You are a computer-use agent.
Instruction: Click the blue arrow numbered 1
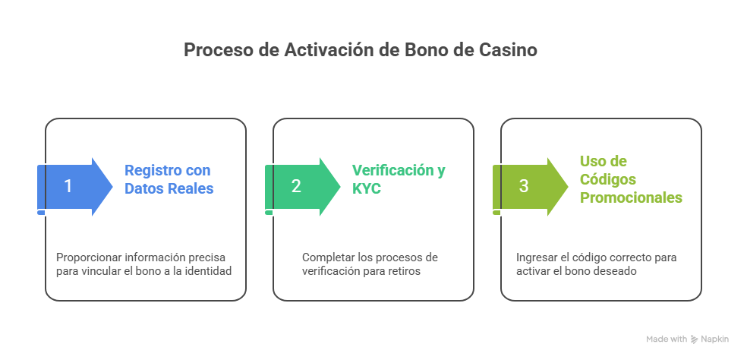click(72, 186)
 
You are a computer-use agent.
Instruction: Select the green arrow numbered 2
click(300, 186)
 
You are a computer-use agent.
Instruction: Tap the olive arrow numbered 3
click(528, 186)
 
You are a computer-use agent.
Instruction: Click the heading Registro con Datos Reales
click(169, 179)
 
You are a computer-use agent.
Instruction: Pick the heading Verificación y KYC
click(399, 179)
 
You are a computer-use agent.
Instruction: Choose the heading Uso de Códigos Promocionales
click(630, 179)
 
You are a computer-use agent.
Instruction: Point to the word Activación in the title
click(323, 50)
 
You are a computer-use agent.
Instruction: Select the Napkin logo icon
click(695, 339)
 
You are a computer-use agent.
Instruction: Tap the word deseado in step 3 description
click(616, 271)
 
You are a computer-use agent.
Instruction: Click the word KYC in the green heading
click(366, 188)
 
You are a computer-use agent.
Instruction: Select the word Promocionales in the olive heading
click(630, 197)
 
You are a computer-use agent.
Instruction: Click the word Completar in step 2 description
click(325, 257)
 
